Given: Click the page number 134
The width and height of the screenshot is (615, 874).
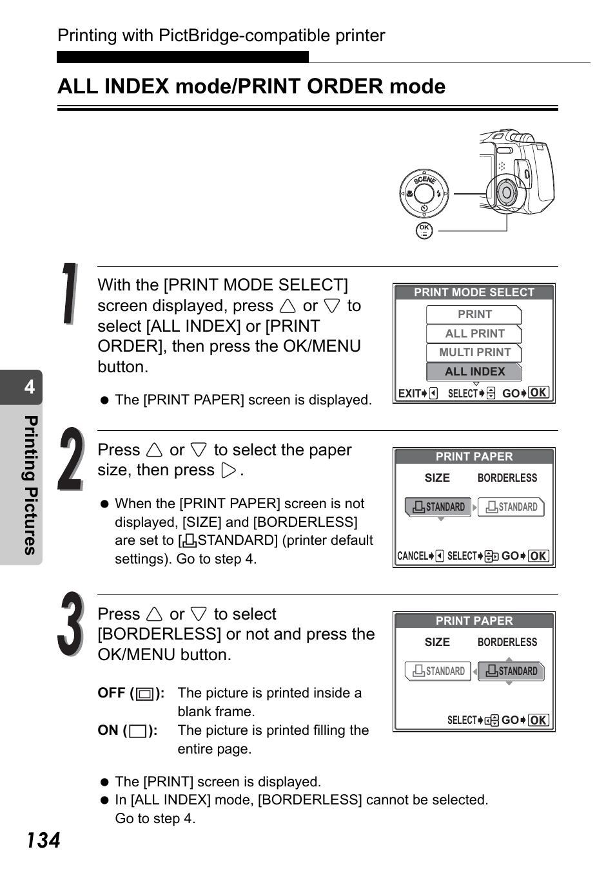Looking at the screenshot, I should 44,840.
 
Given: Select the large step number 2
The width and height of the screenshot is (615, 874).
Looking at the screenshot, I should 71,459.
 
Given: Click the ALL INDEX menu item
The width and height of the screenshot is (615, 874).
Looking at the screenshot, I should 474,372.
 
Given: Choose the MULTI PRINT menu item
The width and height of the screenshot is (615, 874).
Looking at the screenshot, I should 474,352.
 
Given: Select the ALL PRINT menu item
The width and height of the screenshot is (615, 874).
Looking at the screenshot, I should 474,334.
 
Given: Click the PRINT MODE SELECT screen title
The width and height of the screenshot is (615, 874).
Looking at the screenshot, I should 474,292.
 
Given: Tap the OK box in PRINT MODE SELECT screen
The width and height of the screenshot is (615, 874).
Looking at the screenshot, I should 538,392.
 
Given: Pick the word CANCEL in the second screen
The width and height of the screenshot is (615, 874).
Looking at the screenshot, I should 413,556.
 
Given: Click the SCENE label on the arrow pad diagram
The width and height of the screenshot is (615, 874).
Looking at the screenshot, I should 425,180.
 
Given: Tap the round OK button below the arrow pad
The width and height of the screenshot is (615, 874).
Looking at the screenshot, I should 424,231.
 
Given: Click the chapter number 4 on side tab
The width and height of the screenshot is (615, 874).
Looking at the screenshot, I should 30,386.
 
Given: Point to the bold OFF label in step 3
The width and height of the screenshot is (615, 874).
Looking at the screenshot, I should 112,693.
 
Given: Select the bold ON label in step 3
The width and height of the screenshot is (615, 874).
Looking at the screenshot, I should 108,730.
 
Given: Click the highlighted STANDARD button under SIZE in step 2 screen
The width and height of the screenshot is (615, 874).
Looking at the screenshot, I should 438,507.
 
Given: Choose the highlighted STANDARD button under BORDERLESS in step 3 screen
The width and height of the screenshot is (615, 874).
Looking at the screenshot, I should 511,671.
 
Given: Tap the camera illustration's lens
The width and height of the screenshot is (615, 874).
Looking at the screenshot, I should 507,193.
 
